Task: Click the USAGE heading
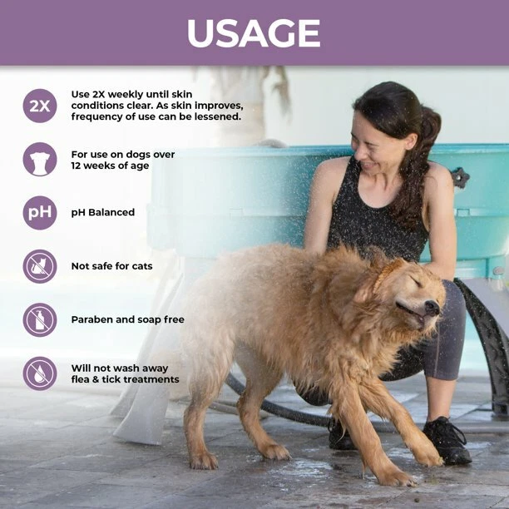pos(254,33)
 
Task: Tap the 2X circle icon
pos(40,106)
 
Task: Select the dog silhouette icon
pos(40,159)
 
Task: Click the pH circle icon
pos(40,212)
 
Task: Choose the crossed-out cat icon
pos(40,266)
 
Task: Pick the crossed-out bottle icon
pos(40,320)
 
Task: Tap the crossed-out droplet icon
pos(40,373)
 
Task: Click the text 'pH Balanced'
pos(103,213)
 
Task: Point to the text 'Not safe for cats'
pos(111,266)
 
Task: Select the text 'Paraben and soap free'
pos(127,319)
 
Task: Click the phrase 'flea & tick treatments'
pos(125,379)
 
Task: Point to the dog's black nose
pos(433,309)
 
